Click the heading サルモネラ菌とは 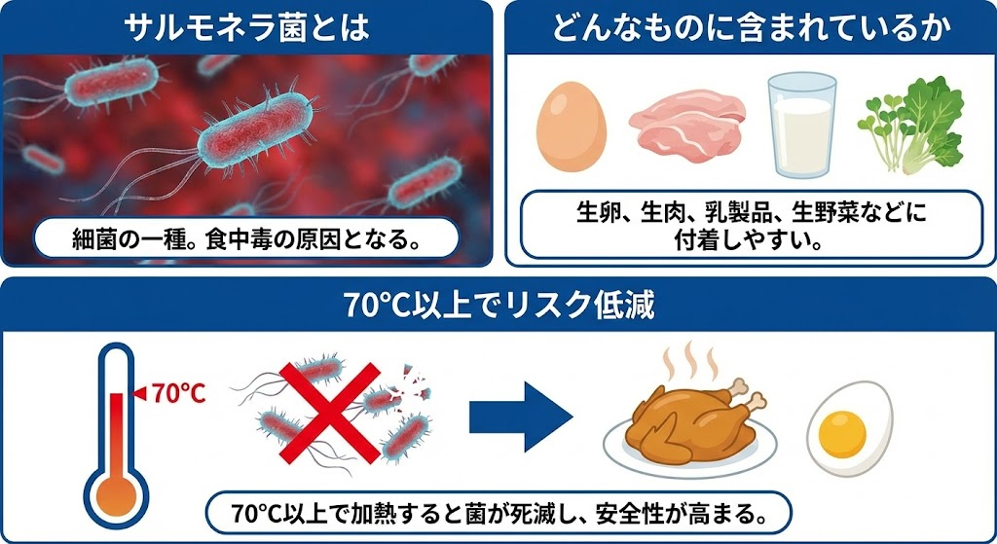point(248,27)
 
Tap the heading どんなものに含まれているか point(751,27)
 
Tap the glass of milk point(800,124)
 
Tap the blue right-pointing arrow point(521,416)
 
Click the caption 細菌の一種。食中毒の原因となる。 point(245,239)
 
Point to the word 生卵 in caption point(595,211)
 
